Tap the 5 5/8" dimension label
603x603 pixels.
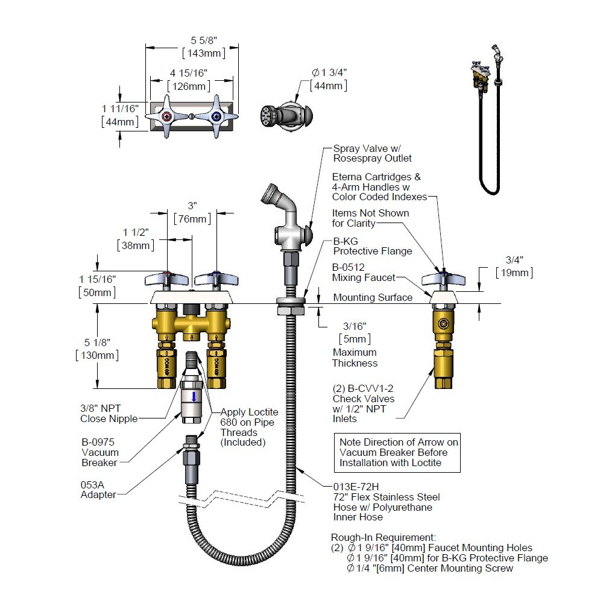203,40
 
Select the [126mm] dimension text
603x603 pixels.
188,86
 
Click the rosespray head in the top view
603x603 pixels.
269,115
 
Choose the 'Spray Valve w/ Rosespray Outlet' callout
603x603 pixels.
372,153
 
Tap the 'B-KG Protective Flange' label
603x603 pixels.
372,245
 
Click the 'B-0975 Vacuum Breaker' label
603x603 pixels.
100,452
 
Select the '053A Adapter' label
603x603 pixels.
98,489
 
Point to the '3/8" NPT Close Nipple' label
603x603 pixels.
109,413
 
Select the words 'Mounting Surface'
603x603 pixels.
373,297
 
